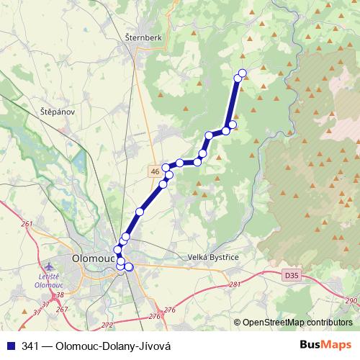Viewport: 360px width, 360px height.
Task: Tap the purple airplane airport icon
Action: [x=48, y=268]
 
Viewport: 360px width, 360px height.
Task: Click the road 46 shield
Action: [x=156, y=171]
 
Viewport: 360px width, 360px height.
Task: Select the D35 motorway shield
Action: [x=290, y=274]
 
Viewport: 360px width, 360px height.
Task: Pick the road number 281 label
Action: [x=234, y=284]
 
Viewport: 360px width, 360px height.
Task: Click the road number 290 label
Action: [x=351, y=301]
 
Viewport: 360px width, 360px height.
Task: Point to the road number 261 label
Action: [x=27, y=225]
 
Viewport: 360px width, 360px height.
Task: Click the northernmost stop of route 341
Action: [x=243, y=72]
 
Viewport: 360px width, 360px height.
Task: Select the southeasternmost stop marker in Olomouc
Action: [x=130, y=267]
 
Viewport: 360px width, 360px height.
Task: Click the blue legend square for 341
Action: [x=8, y=346]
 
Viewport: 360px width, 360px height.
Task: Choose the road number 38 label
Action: [x=59, y=295]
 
